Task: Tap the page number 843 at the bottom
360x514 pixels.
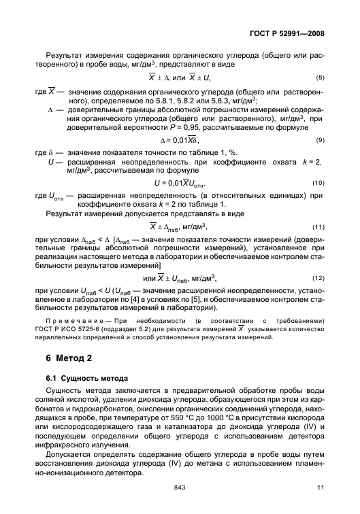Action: [180, 487]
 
